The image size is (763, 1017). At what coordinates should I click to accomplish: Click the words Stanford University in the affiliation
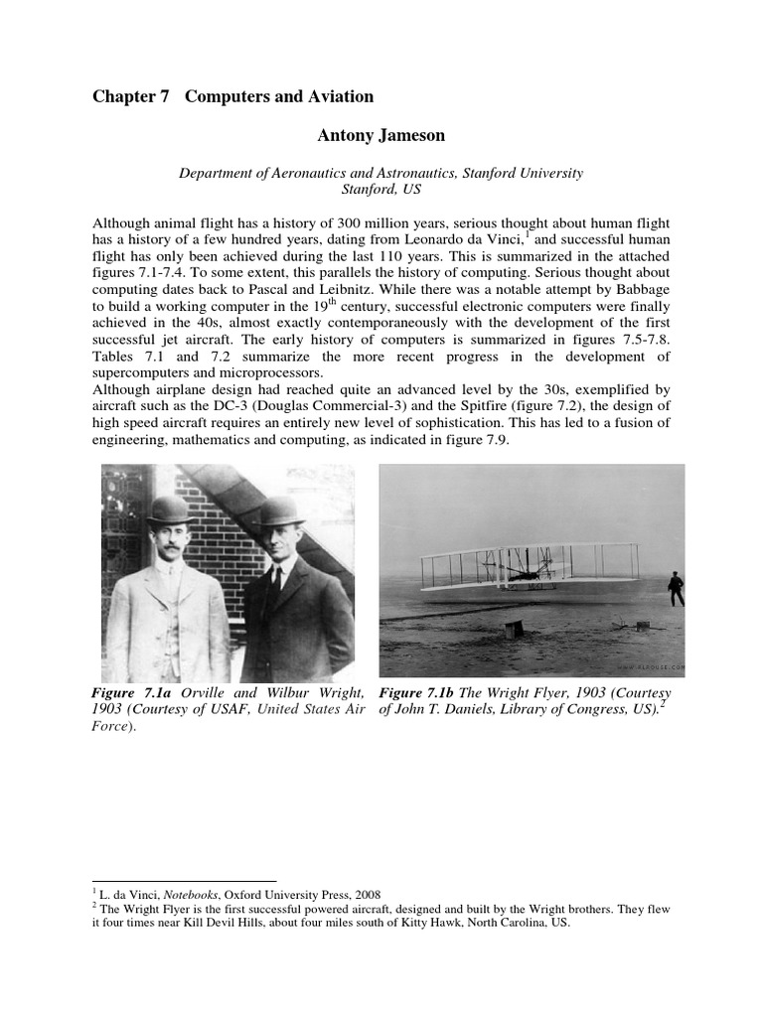[x=520, y=173]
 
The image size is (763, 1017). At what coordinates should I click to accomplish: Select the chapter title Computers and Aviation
[x=279, y=96]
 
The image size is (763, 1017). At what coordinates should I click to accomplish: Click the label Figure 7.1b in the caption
[x=414, y=692]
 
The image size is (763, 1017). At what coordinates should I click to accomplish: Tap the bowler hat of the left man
[x=170, y=508]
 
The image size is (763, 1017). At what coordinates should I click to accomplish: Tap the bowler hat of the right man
[x=279, y=510]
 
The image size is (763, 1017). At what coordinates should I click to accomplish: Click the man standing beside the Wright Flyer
[x=676, y=588]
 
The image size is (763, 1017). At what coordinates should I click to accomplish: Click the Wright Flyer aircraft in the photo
[x=527, y=569]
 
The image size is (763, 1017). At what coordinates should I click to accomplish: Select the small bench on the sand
[x=514, y=629]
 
